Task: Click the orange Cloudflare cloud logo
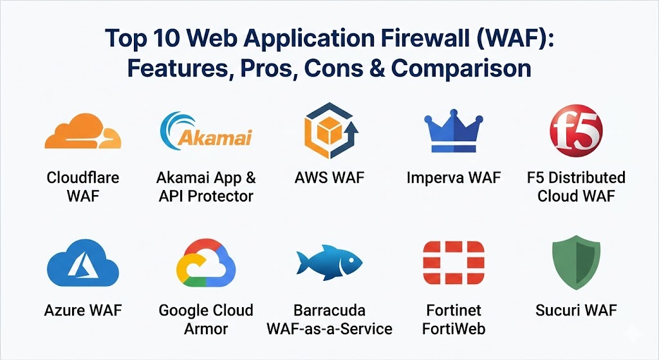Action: [82, 132]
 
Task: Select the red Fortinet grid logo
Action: [453, 264]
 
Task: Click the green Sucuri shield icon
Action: [576, 265]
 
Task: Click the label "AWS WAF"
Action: [329, 177]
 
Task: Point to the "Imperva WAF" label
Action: [454, 177]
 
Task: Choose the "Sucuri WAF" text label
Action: [576, 310]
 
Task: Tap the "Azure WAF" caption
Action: [83, 310]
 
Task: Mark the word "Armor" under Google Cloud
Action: [206, 328]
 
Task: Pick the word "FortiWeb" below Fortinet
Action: [453, 328]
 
